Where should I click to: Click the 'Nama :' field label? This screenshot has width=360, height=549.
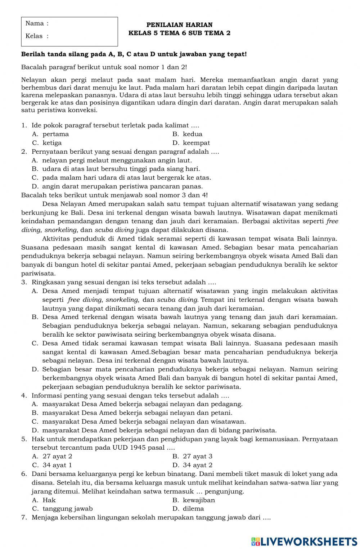(x=37, y=24)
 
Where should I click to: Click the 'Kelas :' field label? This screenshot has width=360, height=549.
(x=37, y=36)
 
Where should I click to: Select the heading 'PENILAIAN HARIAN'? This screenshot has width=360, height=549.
(x=179, y=25)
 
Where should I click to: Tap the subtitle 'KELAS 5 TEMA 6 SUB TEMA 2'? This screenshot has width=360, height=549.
(x=179, y=33)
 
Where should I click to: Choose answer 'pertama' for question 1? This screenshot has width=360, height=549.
(x=55, y=134)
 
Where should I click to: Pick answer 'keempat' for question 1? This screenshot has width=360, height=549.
(x=196, y=143)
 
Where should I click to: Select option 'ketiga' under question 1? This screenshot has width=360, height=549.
(x=52, y=143)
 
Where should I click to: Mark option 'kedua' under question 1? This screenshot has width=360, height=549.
(x=193, y=134)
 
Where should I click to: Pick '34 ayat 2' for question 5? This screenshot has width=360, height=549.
(x=198, y=465)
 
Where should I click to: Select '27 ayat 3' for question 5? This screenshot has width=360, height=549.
(x=198, y=456)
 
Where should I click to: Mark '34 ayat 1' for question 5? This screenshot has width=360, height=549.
(x=57, y=465)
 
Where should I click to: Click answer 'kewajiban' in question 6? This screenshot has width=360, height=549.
(x=199, y=500)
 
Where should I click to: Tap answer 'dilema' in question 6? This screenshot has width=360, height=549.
(x=193, y=509)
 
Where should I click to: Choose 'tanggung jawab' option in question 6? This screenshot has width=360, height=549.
(x=67, y=509)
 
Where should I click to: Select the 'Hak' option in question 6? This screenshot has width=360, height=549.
(x=49, y=500)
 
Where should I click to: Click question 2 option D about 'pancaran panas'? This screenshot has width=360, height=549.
(x=122, y=186)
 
